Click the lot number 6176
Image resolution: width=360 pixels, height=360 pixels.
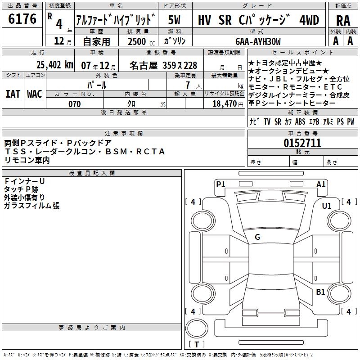point(22,20)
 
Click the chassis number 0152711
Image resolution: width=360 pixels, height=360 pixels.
point(302,144)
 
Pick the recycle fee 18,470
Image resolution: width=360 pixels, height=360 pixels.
point(224,104)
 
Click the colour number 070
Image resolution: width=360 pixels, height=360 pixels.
point(74,104)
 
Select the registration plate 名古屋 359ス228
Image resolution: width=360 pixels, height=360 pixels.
point(163,66)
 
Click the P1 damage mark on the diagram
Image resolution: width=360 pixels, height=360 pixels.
point(220,184)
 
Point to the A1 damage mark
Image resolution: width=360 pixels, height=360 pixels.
point(321,184)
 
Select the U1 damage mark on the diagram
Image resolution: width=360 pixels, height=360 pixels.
point(326,206)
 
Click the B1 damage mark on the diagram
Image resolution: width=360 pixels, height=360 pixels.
point(320,292)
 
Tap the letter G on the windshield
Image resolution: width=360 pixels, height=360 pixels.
point(257,237)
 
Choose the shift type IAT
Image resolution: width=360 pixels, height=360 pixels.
point(13,94)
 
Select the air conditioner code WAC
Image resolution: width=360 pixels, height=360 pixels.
point(35,94)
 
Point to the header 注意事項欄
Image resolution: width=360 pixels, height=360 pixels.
point(124,133)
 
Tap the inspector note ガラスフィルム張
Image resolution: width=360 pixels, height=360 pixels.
point(31,206)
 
